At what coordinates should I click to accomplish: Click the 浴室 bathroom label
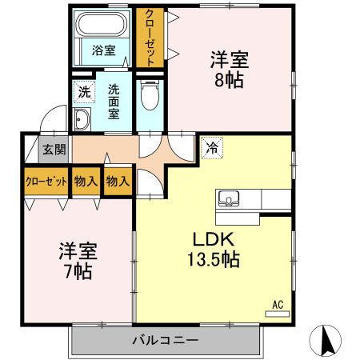[103, 50]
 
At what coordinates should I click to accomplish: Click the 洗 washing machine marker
[84, 92]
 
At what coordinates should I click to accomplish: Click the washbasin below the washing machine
[82, 121]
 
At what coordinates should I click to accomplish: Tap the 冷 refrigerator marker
[211, 147]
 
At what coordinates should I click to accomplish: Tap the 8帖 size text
[229, 80]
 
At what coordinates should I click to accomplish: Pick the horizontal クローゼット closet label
[46, 181]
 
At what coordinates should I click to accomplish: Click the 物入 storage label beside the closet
[86, 181]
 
